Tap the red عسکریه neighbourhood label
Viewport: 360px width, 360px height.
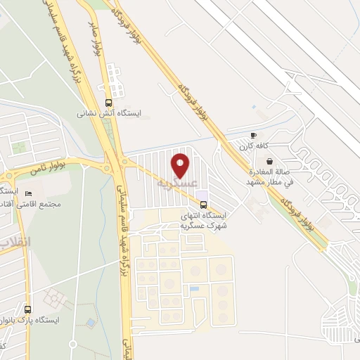point(175,184)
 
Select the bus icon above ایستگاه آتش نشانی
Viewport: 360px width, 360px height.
point(108,101)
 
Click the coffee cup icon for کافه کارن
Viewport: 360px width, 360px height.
point(254,134)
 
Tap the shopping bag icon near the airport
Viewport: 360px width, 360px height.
point(269,161)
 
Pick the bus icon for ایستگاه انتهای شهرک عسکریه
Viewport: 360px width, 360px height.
point(204,205)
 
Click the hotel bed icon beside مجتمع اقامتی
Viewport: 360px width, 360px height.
point(28,193)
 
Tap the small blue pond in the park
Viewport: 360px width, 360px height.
point(91,323)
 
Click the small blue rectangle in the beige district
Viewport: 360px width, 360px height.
point(195,288)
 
